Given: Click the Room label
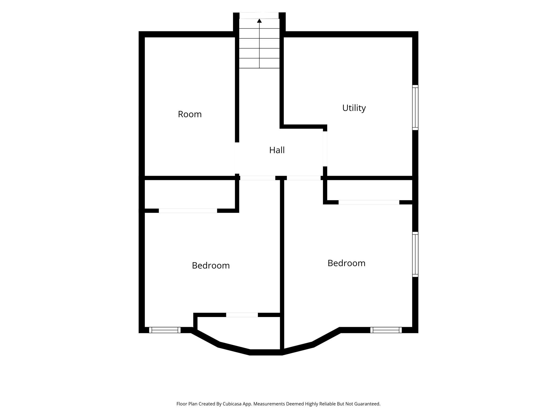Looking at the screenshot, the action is pos(190,114).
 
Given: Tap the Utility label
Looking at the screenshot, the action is pos(354,108).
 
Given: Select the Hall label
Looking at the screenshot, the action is pos(277,150).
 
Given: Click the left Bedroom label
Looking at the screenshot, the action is pos(211,266).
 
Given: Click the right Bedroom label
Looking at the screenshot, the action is pos(346,263).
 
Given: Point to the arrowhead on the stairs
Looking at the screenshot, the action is pos(259,21).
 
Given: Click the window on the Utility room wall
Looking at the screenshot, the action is pos(415,107).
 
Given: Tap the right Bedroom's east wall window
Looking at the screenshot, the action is pos(415,254).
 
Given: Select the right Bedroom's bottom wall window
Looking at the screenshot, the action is pos(386,330).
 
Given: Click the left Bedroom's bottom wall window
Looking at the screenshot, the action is pos(165,330).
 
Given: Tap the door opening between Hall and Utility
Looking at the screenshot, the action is pos(325,149).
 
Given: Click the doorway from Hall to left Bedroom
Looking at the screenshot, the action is pos(258,178).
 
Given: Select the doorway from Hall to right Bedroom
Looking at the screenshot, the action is pos(304,178).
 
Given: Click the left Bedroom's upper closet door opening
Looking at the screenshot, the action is pos(188,211).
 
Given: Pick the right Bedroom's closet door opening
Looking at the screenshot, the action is pos(369,202).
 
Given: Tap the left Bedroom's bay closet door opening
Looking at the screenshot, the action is pos(242,315).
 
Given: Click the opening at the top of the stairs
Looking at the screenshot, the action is pos(259,16).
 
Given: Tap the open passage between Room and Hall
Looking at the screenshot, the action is pos(237,158).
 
